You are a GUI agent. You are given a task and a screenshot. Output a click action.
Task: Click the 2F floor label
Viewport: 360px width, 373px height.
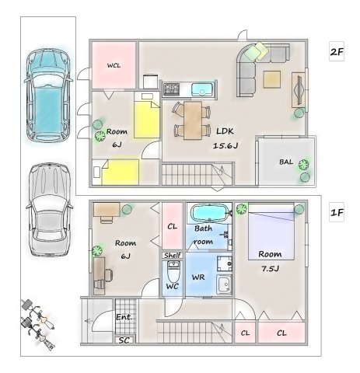pyautogui.click(x=337, y=51)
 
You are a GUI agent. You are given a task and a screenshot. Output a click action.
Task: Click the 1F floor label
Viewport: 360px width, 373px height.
pyautogui.click(x=337, y=213)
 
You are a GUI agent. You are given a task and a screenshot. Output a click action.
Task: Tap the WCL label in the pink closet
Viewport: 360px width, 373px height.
pyautogui.click(x=114, y=65)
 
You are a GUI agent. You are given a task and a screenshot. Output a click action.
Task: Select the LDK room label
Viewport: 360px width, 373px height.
pyautogui.click(x=225, y=131)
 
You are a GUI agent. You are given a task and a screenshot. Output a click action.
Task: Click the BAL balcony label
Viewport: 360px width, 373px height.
pyautogui.click(x=286, y=162)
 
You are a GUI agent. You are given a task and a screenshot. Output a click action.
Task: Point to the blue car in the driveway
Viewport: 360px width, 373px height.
pyautogui.click(x=48, y=95)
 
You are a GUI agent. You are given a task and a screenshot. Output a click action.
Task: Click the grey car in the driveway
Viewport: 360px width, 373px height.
pyautogui.click(x=49, y=210)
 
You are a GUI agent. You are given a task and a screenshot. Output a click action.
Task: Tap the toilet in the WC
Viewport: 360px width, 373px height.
pyautogui.click(x=173, y=271)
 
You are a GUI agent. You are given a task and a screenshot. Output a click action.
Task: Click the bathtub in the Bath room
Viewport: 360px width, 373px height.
pyautogui.click(x=209, y=213)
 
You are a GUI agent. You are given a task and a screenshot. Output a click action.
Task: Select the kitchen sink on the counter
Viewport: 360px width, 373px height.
pyautogui.click(x=203, y=89)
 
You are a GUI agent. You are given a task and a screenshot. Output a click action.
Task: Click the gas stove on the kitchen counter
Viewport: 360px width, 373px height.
pyautogui.click(x=171, y=89)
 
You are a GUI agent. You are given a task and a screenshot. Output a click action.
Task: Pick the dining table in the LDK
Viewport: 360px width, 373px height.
pyautogui.click(x=193, y=120)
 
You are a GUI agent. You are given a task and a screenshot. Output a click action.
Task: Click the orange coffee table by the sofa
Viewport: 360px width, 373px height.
pyautogui.click(x=272, y=79)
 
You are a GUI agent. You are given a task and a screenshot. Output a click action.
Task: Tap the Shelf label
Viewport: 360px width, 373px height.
pyautogui.click(x=173, y=256)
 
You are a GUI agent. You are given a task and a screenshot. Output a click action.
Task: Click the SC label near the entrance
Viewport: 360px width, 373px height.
pyautogui.click(x=124, y=340)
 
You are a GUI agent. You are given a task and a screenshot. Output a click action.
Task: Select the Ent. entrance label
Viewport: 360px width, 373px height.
pyautogui.click(x=124, y=317)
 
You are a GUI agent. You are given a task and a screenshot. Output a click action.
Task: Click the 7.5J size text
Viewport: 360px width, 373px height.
pyautogui.click(x=270, y=269)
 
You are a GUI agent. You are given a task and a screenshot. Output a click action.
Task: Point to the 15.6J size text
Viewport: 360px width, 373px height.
pyautogui.click(x=225, y=145)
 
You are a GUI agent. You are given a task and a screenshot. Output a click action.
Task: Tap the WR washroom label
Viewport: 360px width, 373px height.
pyautogui.click(x=198, y=277)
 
